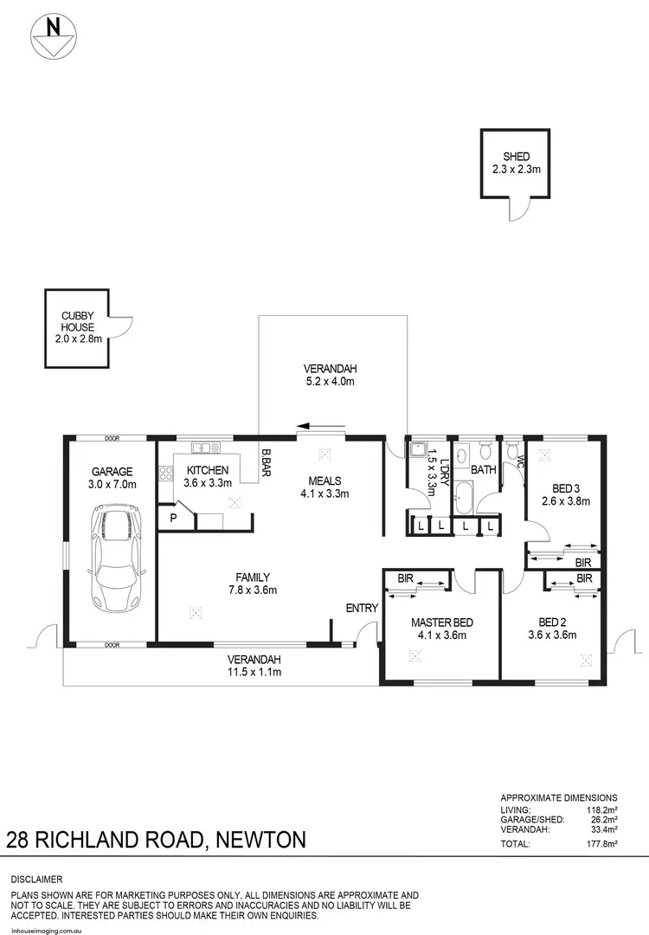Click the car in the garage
pyautogui.click(x=113, y=558)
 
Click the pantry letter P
pyautogui.click(x=173, y=518)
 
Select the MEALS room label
pyautogui.click(x=321, y=487)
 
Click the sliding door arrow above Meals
pyautogui.click(x=319, y=426)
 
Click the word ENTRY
pyautogui.click(x=362, y=609)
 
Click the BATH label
pyautogui.click(x=484, y=470)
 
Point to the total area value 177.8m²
pyautogui.click(x=601, y=843)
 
